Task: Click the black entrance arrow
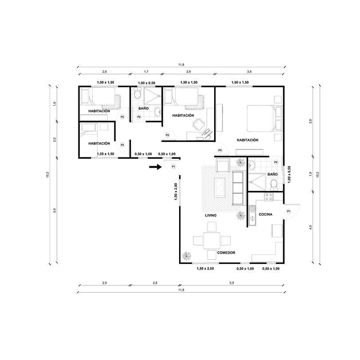[154, 167]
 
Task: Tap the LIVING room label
[211, 215]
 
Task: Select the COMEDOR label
[226, 253]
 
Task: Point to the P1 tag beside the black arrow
[173, 167]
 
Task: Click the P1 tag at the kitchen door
[288, 211]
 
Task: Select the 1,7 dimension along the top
[146, 71]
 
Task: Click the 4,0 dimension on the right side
[311, 227]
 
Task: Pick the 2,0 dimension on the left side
[55, 140]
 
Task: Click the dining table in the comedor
[212, 240]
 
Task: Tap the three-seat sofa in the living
[238, 188]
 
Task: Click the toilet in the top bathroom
[137, 94]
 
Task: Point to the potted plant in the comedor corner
[187, 256]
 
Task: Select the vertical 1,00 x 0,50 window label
[289, 174]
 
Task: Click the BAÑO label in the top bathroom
[143, 108]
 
